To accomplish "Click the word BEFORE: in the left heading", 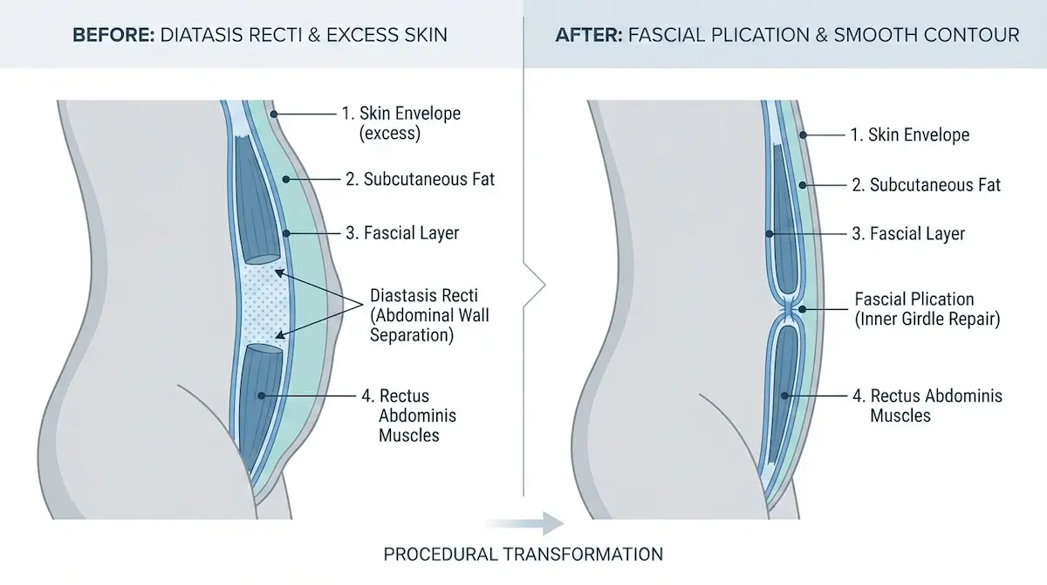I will (x=110, y=36).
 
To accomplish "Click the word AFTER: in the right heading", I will (x=586, y=36).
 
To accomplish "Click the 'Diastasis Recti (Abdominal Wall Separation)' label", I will (x=429, y=314).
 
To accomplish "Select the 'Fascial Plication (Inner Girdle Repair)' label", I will (x=927, y=309).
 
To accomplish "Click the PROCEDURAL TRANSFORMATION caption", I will (x=523, y=554).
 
